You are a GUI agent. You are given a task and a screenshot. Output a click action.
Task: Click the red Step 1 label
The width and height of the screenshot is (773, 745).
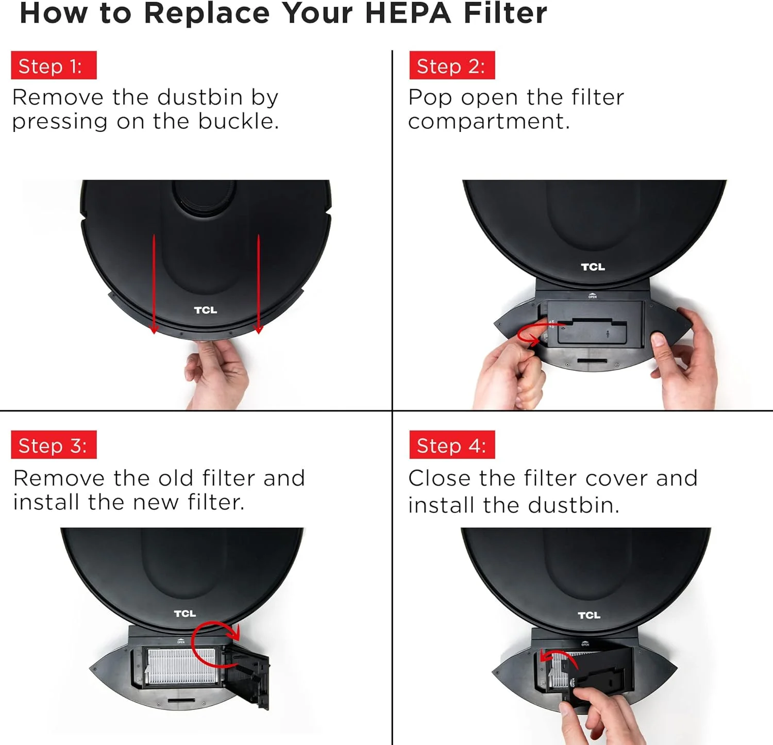tap(54, 65)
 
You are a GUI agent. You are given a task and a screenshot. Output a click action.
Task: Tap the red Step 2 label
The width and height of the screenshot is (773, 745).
tap(452, 65)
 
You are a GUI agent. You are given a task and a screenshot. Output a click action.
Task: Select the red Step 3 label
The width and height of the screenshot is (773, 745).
tap(54, 445)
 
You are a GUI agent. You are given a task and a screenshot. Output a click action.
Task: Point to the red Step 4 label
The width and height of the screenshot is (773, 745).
tap(452, 445)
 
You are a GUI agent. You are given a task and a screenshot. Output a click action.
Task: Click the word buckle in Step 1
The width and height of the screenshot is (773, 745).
tap(239, 121)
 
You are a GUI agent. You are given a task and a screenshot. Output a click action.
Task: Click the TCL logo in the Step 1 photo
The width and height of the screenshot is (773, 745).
tap(206, 310)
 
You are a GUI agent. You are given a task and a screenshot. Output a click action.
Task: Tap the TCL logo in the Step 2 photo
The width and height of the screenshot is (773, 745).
tap(593, 267)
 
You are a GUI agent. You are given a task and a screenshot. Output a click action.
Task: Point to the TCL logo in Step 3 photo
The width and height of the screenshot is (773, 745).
tap(185, 614)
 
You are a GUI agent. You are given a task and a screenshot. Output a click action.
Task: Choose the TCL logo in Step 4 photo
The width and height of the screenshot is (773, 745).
tap(589, 615)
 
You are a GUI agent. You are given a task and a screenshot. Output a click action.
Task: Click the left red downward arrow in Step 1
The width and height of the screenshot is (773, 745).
tap(154, 284)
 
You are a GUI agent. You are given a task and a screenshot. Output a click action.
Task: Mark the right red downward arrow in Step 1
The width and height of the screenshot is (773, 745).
tap(259, 284)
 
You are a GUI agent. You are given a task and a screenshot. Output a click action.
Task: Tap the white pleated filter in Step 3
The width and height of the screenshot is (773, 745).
tap(180, 666)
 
